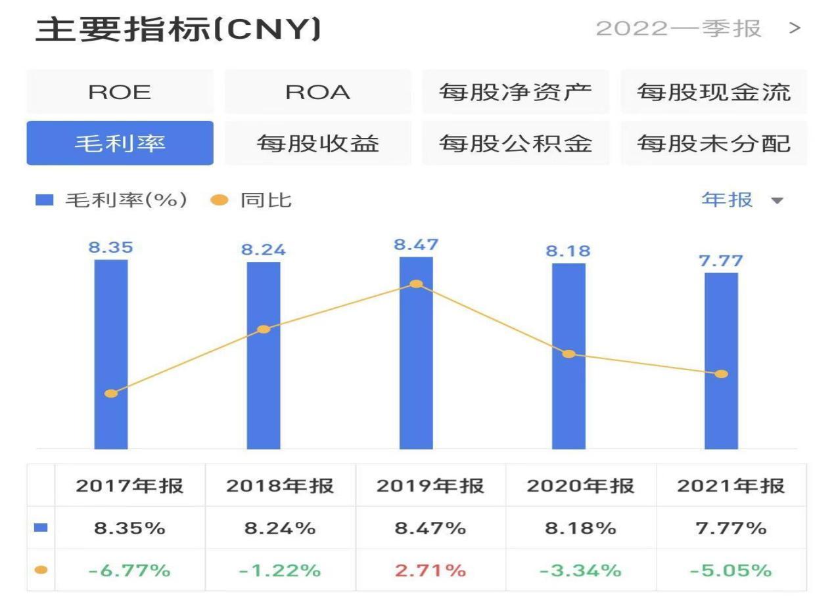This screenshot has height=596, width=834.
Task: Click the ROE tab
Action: (120, 92)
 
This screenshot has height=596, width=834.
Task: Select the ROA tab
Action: (317, 92)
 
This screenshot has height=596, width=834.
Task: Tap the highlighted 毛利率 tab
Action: (120, 143)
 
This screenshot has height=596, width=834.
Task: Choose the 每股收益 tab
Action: (317, 143)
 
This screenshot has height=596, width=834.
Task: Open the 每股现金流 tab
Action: (713, 92)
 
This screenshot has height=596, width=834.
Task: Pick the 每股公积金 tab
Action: (515, 143)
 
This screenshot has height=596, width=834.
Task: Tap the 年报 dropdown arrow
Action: (777, 200)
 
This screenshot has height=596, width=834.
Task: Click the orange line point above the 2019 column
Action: (416, 284)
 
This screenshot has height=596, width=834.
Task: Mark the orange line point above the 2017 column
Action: (111, 394)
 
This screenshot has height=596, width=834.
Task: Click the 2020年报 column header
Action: (580, 486)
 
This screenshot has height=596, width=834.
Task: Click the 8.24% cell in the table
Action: (280, 528)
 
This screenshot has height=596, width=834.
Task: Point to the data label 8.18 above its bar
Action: (568, 251)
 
